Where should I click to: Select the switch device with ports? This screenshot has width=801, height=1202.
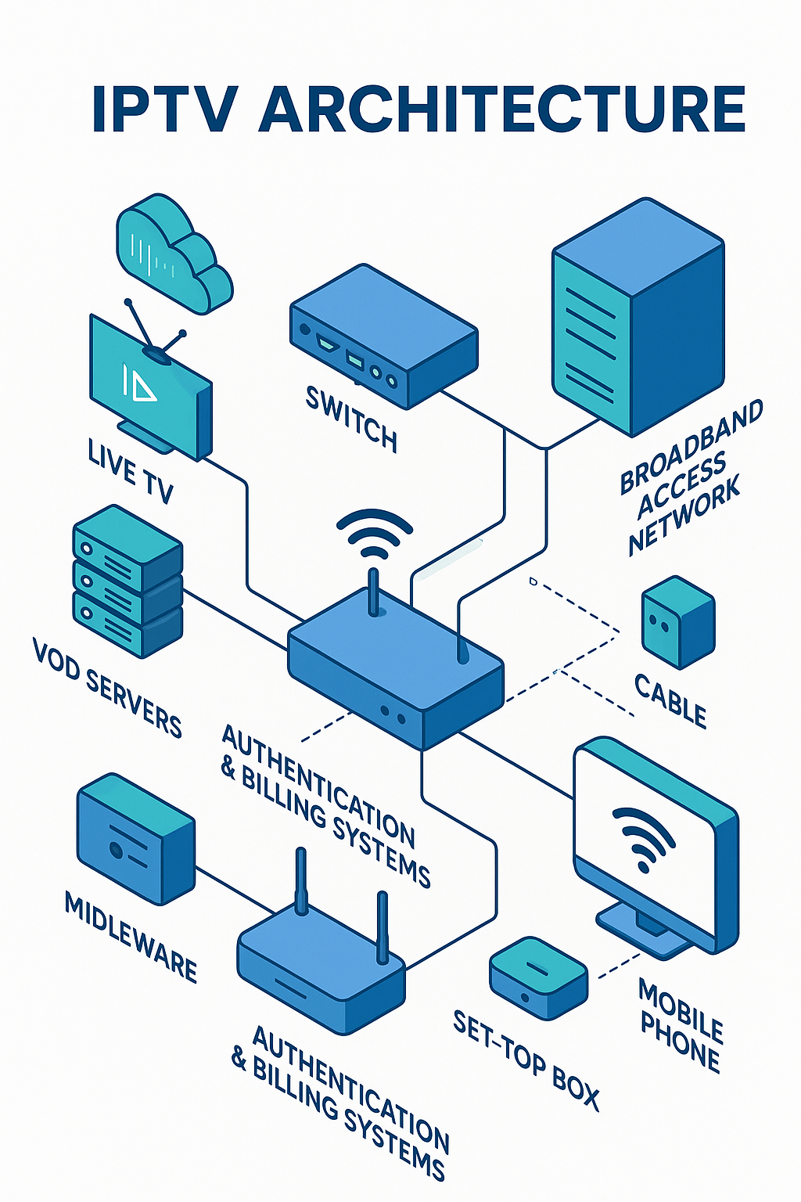[383, 336]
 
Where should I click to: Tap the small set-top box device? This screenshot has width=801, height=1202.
[538, 978]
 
